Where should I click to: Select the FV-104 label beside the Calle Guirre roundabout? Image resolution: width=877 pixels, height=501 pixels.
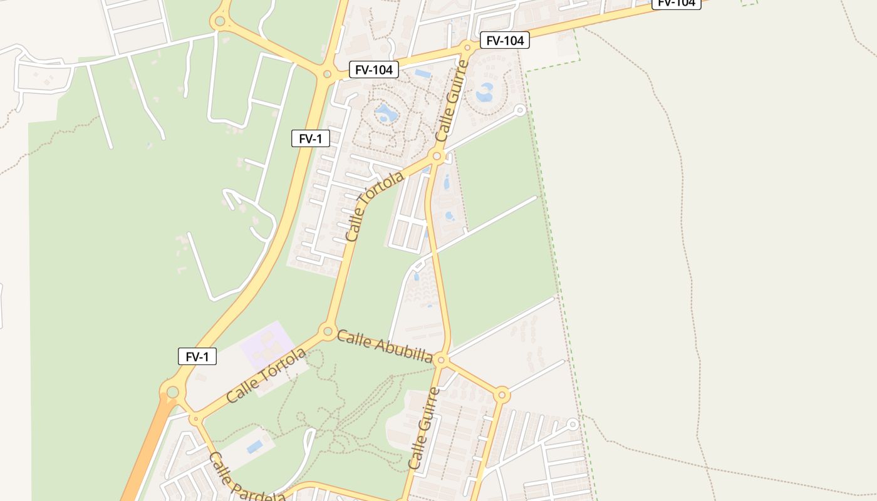505,41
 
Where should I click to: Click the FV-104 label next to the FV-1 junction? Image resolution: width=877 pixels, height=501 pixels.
373,70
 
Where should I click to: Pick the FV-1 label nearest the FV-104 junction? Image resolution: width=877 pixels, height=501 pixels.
310,138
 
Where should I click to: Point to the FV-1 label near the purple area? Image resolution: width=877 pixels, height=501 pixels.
197,357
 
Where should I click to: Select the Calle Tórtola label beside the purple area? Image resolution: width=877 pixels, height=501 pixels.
266,375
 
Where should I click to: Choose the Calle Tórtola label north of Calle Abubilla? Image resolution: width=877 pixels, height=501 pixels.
375,207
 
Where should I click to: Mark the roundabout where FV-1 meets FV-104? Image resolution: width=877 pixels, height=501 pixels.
326,74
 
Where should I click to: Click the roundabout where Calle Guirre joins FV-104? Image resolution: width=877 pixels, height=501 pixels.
467,47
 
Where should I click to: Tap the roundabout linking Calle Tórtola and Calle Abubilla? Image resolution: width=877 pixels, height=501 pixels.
326,330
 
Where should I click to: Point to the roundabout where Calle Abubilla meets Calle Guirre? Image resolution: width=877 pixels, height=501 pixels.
440,359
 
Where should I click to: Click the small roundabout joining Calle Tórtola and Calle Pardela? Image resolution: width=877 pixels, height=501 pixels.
195,418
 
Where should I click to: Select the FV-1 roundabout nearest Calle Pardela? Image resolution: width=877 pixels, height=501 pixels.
172,392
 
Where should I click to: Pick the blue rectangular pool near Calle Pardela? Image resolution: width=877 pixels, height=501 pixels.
254,447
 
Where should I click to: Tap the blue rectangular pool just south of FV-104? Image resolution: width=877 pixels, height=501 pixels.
423,74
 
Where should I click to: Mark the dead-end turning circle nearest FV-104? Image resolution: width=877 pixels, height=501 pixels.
519,110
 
